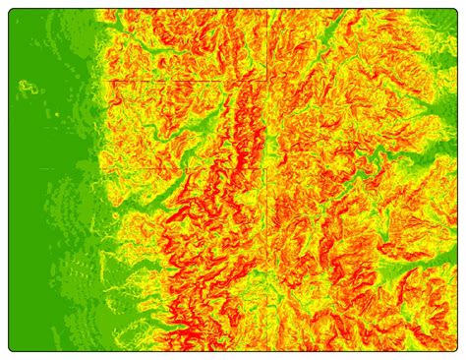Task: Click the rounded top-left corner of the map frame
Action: coord(12,12)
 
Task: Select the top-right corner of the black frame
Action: coord(457,11)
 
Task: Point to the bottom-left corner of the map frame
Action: coord(12,349)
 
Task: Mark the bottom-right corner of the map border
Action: coord(457,349)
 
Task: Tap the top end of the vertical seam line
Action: coord(267,11)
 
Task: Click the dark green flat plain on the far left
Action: coord(39,197)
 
